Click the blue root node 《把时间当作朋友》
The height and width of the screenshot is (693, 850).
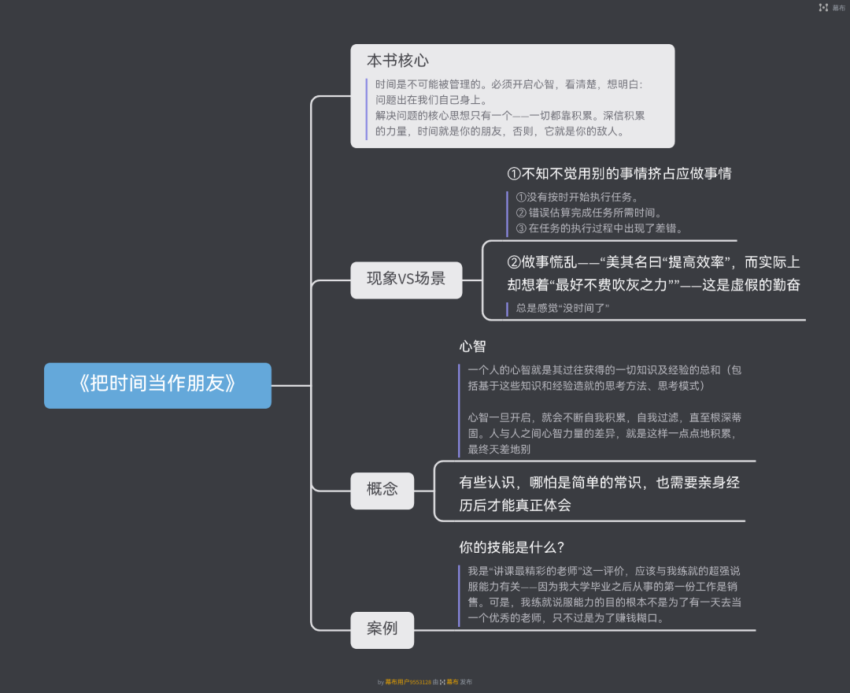tap(157, 385)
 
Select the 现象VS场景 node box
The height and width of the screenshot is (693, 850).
tap(406, 279)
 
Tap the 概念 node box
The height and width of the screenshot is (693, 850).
tap(382, 489)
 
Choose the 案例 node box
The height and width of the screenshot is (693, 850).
tap(382, 629)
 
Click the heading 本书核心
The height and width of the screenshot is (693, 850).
tap(397, 61)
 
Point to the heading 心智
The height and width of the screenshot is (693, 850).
tap(472, 346)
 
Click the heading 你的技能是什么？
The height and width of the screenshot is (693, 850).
tap(512, 547)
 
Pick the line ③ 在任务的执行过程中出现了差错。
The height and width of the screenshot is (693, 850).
tap(599, 228)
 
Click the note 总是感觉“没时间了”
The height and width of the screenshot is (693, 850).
tap(563, 308)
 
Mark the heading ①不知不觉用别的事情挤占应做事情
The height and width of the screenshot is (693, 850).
tap(619, 173)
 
